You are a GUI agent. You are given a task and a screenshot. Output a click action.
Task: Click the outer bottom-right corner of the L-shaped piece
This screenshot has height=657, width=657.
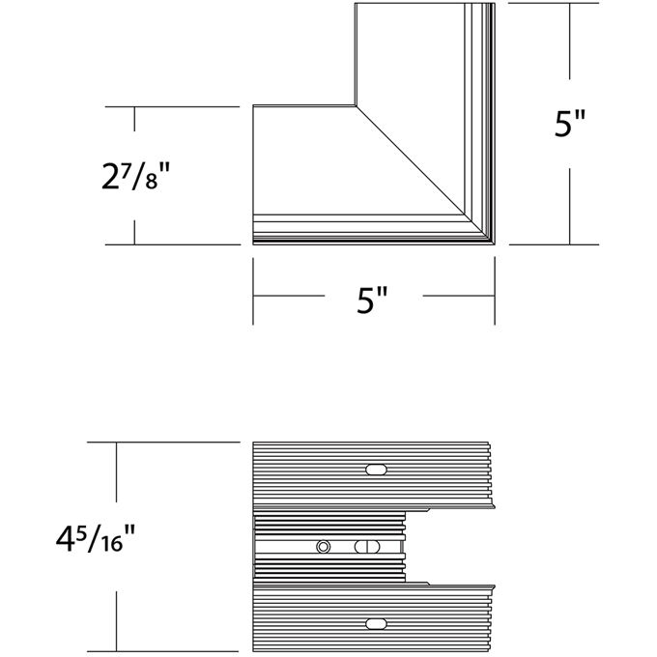(x=494, y=243)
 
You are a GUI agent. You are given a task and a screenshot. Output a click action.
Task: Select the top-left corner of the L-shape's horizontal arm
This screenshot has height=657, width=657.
(x=254, y=105)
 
